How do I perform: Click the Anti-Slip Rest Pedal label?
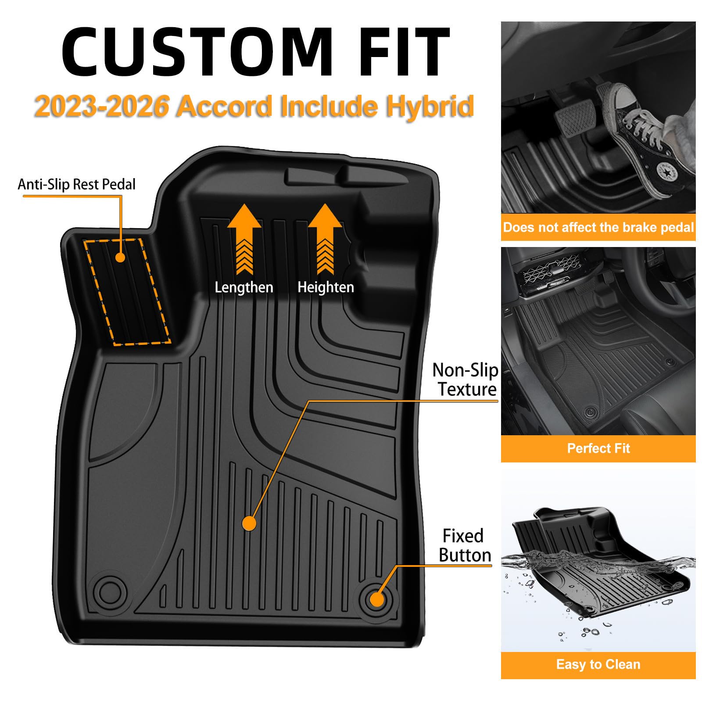click(x=77, y=184)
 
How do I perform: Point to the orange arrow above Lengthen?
click(x=244, y=239)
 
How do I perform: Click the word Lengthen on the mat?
click(x=244, y=287)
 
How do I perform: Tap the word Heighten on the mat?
click(x=326, y=287)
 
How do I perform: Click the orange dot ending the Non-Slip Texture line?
click(x=249, y=523)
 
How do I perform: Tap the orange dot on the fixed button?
click(x=377, y=599)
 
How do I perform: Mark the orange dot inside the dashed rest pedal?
click(x=120, y=257)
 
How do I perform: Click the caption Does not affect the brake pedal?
click(x=598, y=227)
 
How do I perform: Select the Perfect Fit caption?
click(x=598, y=448)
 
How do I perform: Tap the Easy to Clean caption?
click(x=598, y=664)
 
